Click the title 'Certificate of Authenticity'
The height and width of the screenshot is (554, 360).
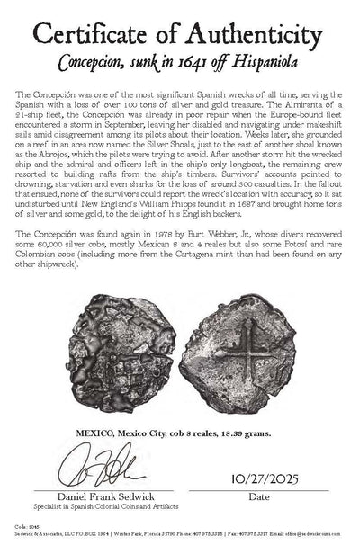coord(180,33)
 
